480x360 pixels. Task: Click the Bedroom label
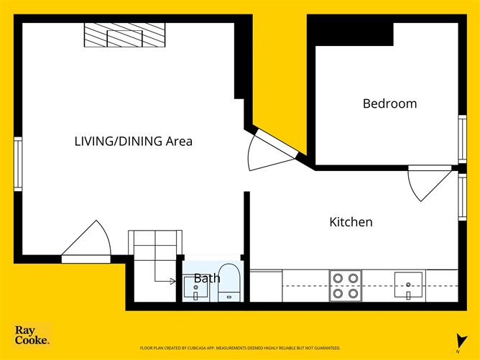coord(389,103)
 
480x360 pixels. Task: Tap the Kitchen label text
coord(351,222)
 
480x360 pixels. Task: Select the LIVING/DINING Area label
coord(133,142)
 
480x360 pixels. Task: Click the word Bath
coord(206,278)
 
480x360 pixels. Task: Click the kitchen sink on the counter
coord(409,285)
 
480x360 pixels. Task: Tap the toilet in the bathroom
coord(229,282)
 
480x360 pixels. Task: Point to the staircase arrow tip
coord(175,281)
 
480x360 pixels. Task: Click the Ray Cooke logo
coord(32,336)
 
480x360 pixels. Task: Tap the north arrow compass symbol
coord(457,340)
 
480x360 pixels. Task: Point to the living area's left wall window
coord(18,164)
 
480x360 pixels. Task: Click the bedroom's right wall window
coord(462,139)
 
